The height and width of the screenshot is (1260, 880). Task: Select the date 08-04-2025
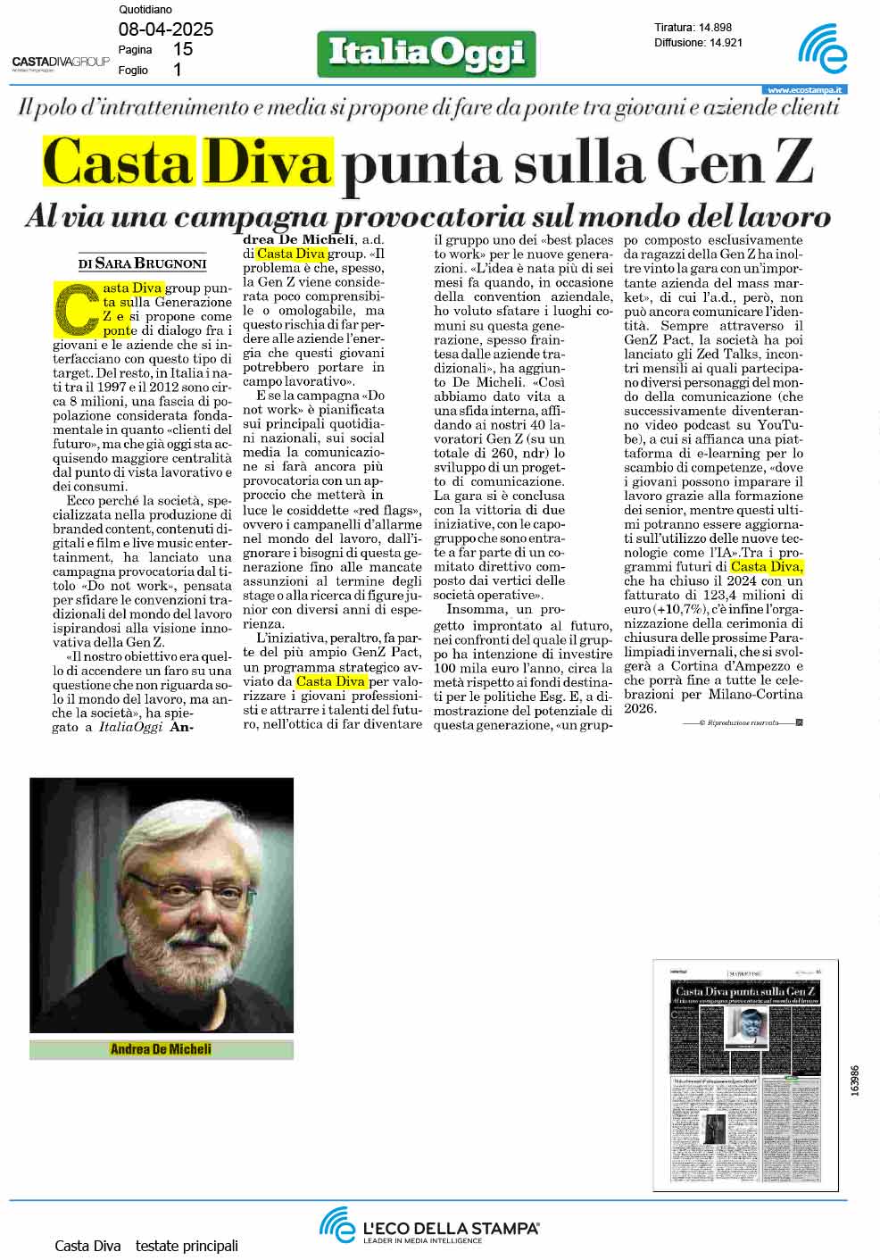click(166, 29)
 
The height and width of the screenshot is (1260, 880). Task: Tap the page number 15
click(182, 50)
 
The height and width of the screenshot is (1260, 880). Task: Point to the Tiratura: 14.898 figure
click(693, 28)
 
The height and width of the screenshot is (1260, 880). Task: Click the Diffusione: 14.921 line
click(698, 42)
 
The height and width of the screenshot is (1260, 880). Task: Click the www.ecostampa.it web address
click(806, 90)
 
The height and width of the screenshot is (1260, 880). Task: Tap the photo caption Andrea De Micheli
click(161, 1049)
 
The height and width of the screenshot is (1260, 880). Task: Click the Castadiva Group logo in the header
click(61, 62)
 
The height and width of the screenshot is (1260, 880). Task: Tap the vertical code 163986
click(855, 1081)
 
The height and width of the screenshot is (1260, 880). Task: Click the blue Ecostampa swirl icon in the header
click(824, 49)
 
